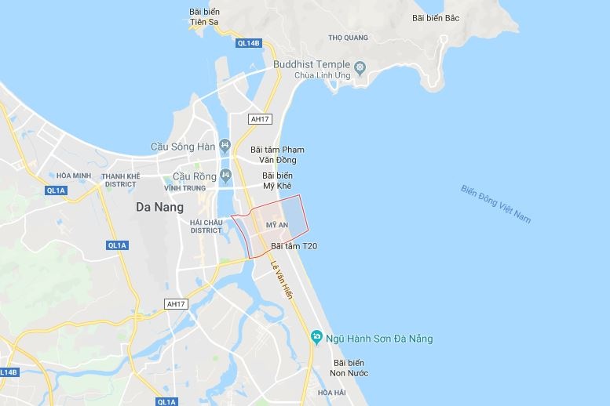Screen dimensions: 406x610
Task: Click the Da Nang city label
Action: (159, 208)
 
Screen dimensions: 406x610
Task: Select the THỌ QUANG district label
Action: (348, 37)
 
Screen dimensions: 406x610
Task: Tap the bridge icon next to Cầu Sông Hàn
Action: (225, 146)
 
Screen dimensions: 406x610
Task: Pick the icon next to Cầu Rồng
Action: (225, 176)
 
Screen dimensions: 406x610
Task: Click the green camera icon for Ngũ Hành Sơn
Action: (316, 338)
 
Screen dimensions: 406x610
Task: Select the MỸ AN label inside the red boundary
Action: (278, 225)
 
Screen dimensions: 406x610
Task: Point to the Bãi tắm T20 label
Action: (294, 246)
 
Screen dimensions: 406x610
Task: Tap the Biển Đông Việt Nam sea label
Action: (496, 204)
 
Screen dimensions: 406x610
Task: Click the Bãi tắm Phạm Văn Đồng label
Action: (277, 154)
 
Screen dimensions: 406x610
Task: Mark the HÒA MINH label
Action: (74, 175)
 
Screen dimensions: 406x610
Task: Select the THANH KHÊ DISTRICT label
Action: (120, 180)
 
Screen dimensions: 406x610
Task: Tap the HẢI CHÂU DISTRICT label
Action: (206, 226)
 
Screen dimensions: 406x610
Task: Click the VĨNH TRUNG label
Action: (185, 188)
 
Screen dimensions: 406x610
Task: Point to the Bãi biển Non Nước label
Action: (350, 368)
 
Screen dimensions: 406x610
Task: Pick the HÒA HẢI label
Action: (332, 392)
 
